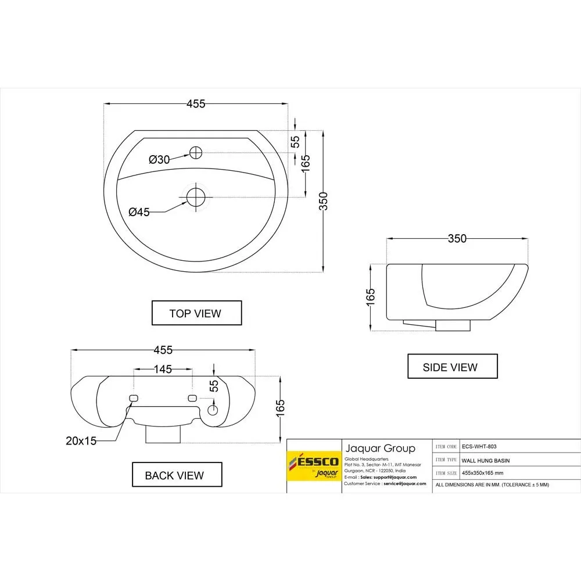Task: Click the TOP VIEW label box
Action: (x=196, y=313)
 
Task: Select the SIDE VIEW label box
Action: (x=452, y=367)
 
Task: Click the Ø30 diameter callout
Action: (x=159, y=159)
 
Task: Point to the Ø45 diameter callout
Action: (x=139, y=212)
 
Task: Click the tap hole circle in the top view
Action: (x=196, y=153)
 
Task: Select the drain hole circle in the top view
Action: (x=196, y=196)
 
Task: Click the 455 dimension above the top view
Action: (x=196, y=104)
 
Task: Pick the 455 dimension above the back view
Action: (x=163, y=350)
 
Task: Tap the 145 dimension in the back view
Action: (x=163, y=369)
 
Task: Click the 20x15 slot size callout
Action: (x=81, y=441)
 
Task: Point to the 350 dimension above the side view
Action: (x=457, y=238)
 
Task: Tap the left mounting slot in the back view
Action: (x=133, y=397)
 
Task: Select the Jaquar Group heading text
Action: (x=381, y=448)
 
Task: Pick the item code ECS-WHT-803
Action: (x=479, y=446)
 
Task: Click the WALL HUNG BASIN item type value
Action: (x=486, y=460)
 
